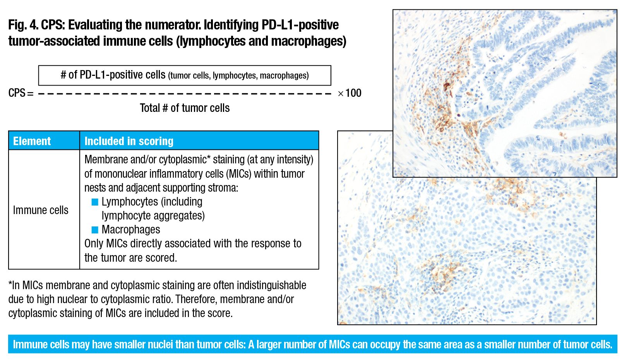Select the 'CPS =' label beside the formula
pyautogui.click(x=21, y=93)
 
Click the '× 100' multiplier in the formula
pyautogui.click(x=350, y=93)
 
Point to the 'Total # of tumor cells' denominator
pyautogui.click(x=185, y=108)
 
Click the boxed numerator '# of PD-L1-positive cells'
pyautogui.click(x=113, y=75)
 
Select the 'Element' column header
pyautogui.click(x=32, y=141)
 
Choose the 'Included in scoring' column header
pyautogui.click(x=129, y=141)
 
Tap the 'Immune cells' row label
pyautogui.click(x=41, y=210)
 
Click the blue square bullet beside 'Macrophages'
pyautogui.click(x=95, y=230)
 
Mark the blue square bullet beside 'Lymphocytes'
pyautogui.click(x=95, y=202)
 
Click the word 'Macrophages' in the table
pyautogui.click(x=131, y=230)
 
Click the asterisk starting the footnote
pyautogui.click(x=10, y=284)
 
